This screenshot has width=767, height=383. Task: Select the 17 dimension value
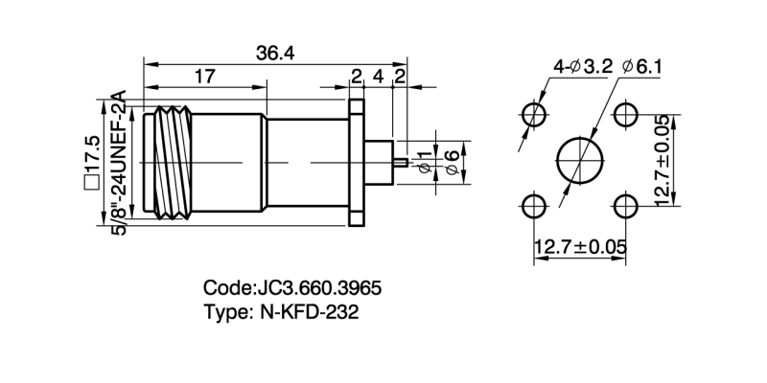pyautogui.click(x=203, y=77)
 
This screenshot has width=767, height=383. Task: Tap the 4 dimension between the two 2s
pyautogui.click(x=378, y=77)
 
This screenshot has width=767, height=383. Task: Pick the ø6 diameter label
pyautogui.click(x=453, y=158)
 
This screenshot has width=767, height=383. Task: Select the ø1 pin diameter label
pyautogui.click(x=427, y=158)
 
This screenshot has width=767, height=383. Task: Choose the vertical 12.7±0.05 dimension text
pyautogui.click(x=662, y=161)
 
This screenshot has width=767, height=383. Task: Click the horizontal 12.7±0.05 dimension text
pyautogui.click(x=580, y=247)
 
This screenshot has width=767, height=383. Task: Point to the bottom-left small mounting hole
pyautogui.click(x=533, y=206)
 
